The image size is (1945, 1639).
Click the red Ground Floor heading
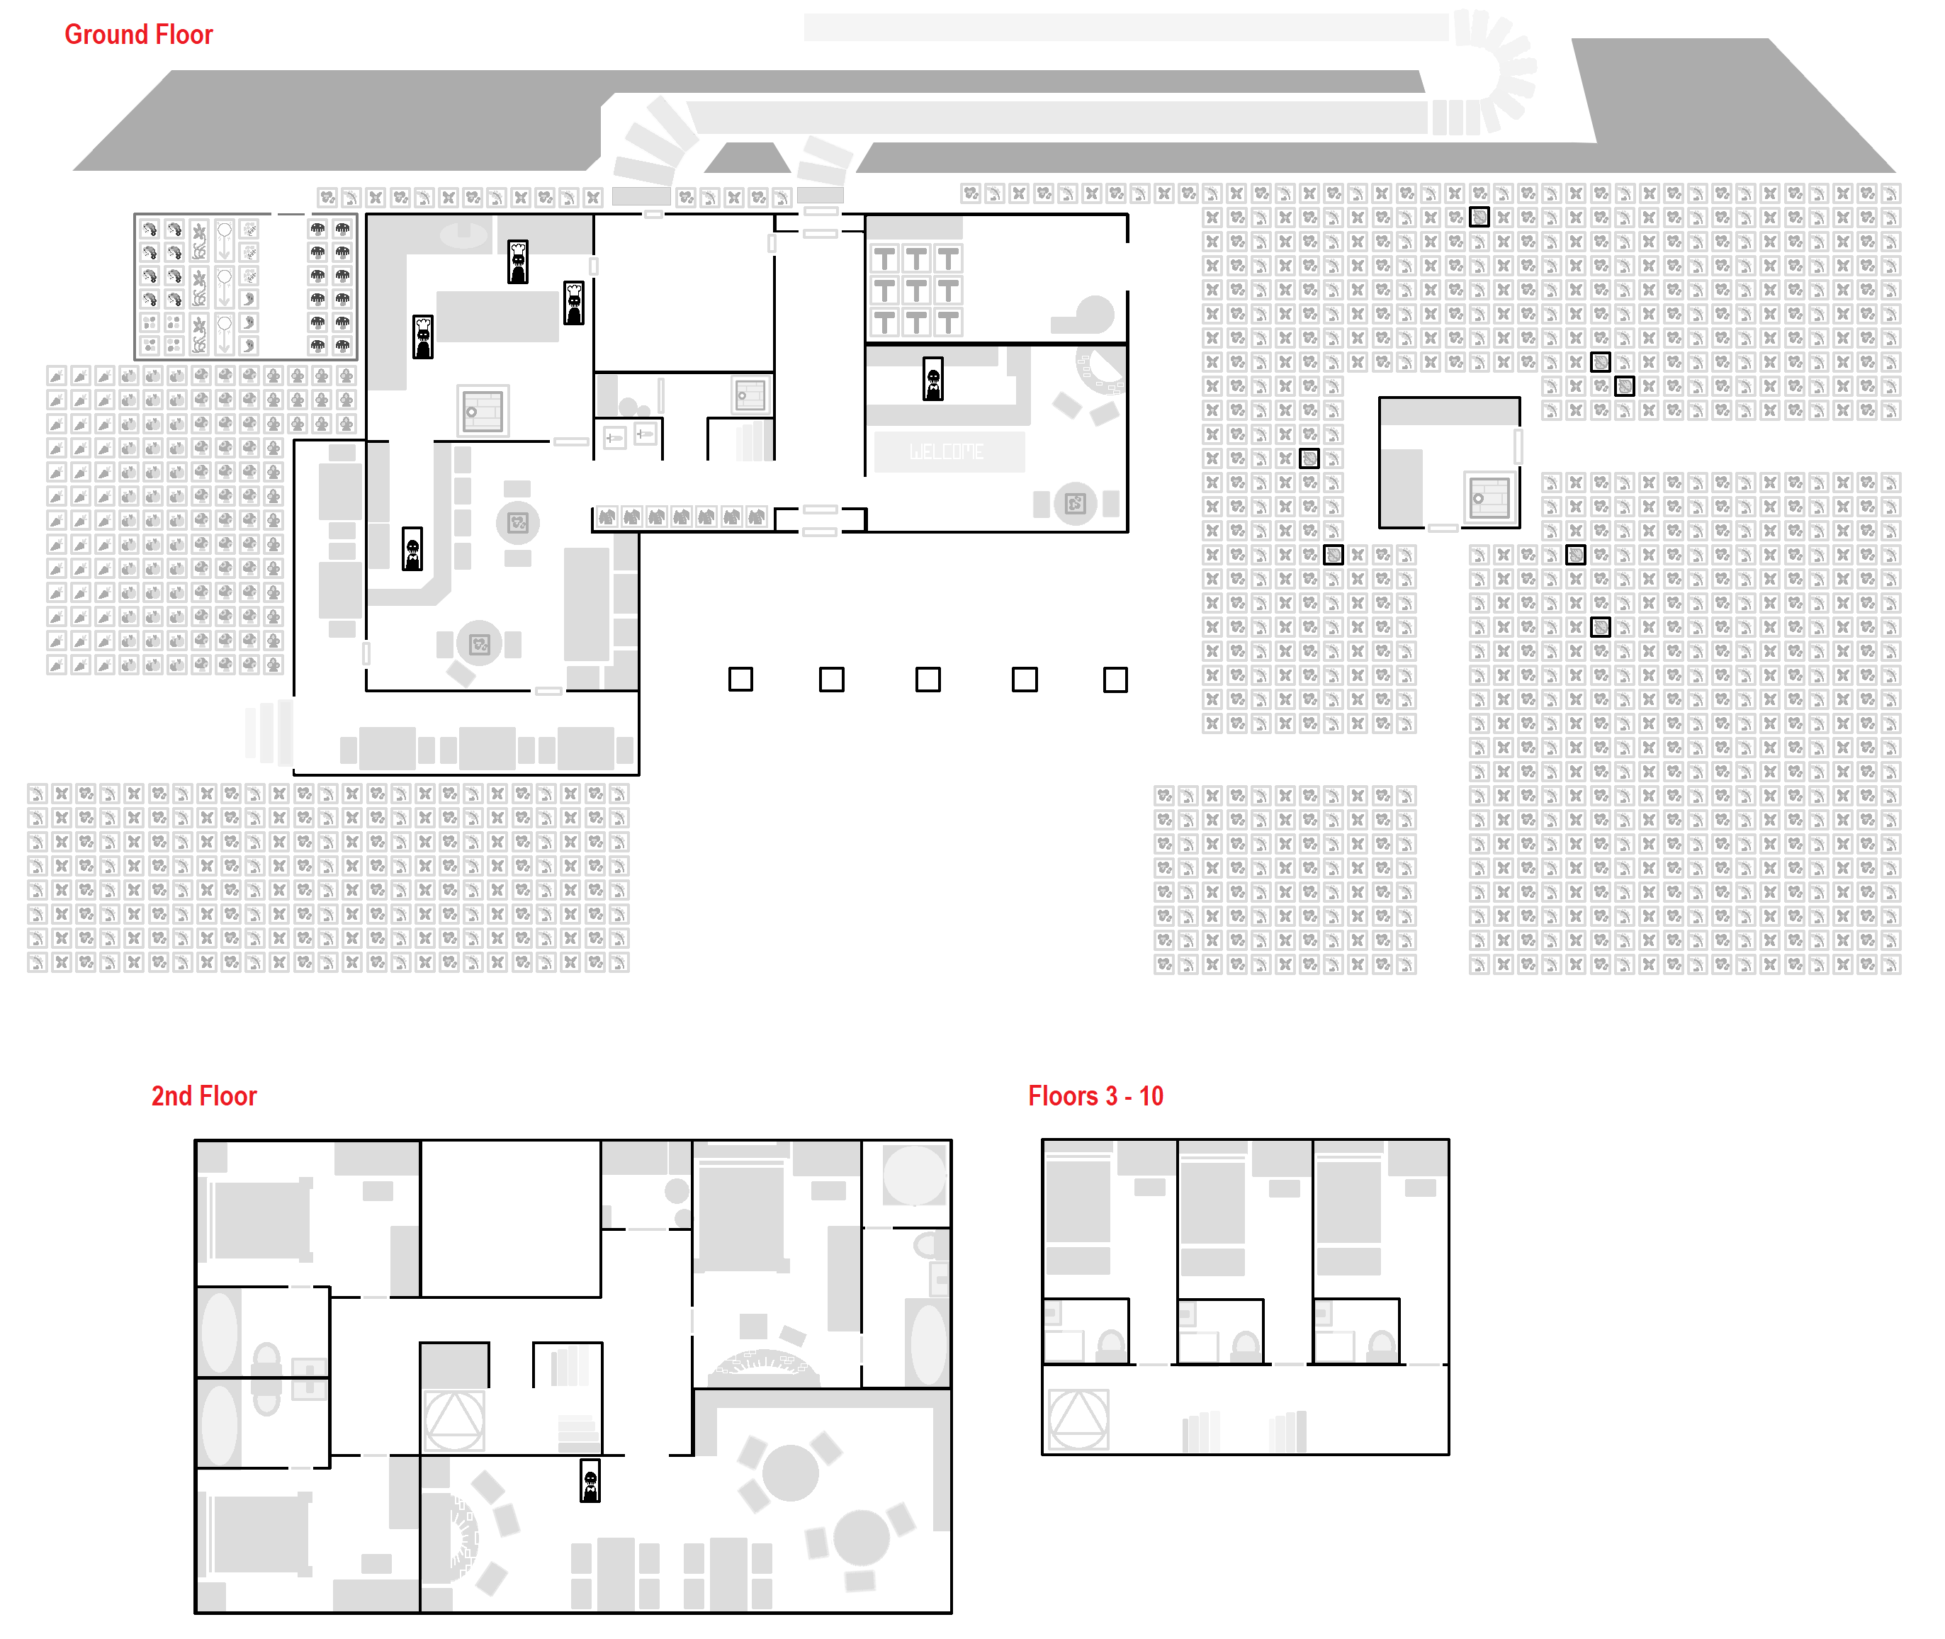[x=138, y=35]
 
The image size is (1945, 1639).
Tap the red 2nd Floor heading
[x=204, y=1096]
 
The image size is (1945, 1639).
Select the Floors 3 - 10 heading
[x=1096, y=1096]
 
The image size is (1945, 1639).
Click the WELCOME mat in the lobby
[x=948, y=451]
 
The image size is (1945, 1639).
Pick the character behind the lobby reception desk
[x=933, y=379]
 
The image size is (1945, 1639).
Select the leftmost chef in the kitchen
[x=422, y=337]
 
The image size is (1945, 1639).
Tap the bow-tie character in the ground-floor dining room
[x=412, y=548]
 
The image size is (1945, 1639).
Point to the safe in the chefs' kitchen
[x=483, y=411]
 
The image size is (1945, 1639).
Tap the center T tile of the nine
[x=916, y=291]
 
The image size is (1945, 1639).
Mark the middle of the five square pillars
[x=928, y=680]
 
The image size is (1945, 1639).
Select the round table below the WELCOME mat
[x=1076, y=502]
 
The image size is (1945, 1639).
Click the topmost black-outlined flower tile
[x=1479, y=218]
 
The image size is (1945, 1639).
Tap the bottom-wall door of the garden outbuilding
[x=1443, y=528]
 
